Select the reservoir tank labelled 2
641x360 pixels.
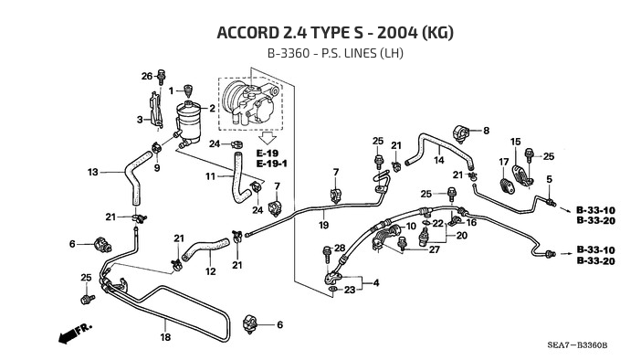(188, 122)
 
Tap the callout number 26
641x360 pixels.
(147, 76)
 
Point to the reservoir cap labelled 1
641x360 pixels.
(188, 90)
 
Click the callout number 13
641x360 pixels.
(93, 172)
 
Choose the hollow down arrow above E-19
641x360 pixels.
(268, 138)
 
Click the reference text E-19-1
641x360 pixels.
(272, 164)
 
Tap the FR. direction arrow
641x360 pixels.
(75, 333)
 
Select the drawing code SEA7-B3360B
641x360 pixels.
(577, 345)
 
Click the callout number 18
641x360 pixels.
(165, 337)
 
